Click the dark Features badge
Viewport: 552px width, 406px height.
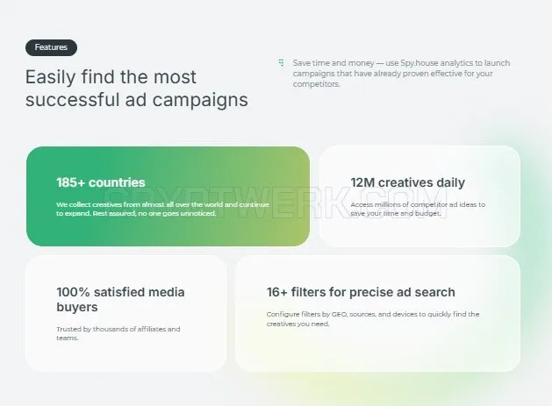(51, 47)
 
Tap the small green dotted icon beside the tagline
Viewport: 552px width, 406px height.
(281, 62)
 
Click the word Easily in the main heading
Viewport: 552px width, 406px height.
(50, 77)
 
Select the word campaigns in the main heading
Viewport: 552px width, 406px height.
(200, 100)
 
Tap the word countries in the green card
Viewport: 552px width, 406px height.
(117, 182)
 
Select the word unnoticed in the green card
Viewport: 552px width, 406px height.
(197, 214)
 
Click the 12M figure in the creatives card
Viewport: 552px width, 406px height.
(362, 182)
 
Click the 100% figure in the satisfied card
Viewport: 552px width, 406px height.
(73, 292)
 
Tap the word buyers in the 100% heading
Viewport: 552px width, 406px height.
(77, 308)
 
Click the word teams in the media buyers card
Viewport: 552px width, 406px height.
(68, 338)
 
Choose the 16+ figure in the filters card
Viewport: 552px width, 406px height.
(276, 292)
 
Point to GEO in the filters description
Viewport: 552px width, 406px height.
(340, 314)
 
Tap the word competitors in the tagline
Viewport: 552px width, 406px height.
(316, 84)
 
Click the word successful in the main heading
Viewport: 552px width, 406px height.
(73, 100)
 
